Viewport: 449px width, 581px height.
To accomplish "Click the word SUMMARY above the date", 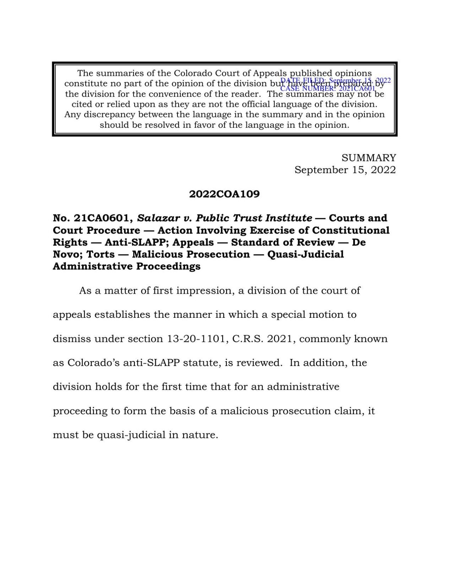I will [x=369, y=158].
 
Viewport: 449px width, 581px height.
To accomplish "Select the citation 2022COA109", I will [x=224, y=194].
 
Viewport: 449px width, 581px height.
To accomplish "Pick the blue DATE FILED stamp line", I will [x=335, y=81].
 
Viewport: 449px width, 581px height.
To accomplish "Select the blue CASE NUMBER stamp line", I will [x=328, y=89].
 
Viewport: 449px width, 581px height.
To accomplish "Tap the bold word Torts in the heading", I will [x=100, y=254].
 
